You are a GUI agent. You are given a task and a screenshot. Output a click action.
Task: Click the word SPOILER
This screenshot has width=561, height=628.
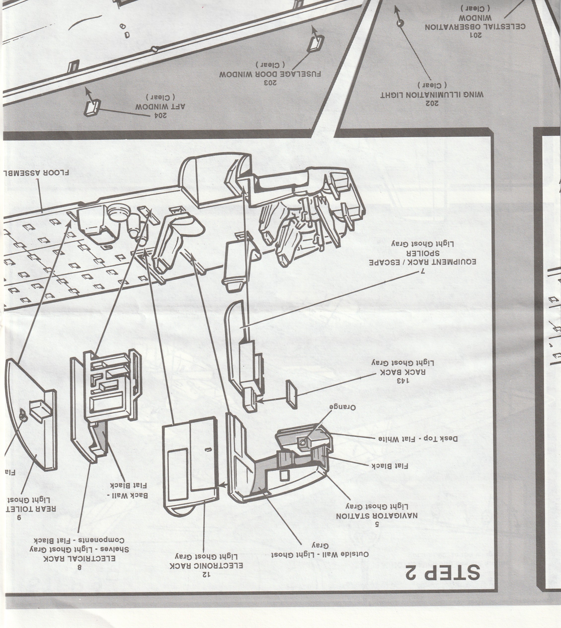[423, 253]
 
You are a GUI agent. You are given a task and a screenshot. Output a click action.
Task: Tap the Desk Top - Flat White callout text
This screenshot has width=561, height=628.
[416, 438]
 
